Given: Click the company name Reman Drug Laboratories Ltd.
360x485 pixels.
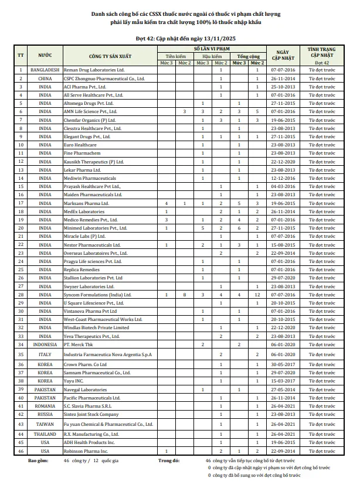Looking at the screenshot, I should [x=93, y=70].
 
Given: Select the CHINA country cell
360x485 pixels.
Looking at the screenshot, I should [x=45, y=78].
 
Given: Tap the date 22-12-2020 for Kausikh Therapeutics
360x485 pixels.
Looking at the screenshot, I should [x=284, y=161].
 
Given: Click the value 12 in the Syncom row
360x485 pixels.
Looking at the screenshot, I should [x=257, y=294].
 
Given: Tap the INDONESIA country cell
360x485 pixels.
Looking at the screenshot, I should [x=45, y=344].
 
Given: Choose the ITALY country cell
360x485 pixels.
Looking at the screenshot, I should [x=45, y=354].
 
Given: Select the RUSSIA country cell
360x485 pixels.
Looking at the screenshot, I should [x=45, y=414].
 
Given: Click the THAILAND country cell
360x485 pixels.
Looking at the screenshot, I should [x=45, y=434].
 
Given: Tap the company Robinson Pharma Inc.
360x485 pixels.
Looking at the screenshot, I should [x=86, y=451].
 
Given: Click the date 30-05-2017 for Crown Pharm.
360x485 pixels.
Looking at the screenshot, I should [x=284, y=364].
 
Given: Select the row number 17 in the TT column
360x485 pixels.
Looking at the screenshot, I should [x=21, y=203].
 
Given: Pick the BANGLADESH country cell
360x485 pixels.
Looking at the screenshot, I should [x=45, y=70].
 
